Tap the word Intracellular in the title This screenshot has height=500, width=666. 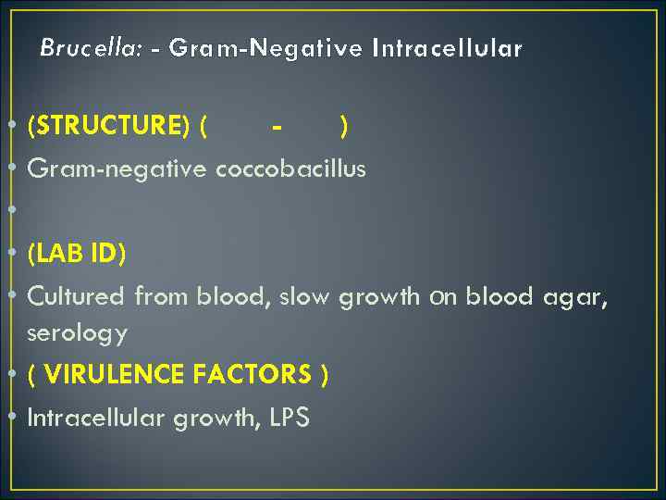click(x=447, y=47)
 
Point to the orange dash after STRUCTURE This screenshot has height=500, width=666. click(x=277, y=126)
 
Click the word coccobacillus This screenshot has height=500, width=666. click(x=290, y=169)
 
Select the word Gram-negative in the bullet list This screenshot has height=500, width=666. click(x=118, y=169)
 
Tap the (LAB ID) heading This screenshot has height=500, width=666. click(x=77, y=254)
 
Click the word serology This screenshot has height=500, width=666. click(x=78, y=332)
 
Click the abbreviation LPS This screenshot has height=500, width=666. click(x=290, y=418)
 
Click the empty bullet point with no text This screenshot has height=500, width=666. click(x=11, y=211)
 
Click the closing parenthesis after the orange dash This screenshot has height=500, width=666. click(x=343, y=126)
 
